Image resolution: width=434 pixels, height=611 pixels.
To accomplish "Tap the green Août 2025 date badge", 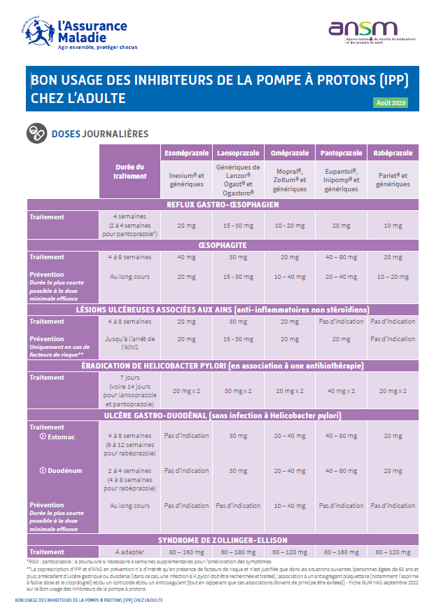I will (x=391, y=103).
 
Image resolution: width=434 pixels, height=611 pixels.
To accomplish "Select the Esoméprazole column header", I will (x=186, y=153).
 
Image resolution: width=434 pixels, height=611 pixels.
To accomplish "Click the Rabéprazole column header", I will (x=393, y=153).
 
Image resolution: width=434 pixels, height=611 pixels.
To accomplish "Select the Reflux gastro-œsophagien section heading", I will (x=223, y=205).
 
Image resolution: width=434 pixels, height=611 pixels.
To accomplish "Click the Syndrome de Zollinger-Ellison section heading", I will (x=223, y=540).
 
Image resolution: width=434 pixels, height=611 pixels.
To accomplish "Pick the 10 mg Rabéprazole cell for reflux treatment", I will (x=393, y=226).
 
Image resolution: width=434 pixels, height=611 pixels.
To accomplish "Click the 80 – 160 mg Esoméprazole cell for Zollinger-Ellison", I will (x=186, y=552).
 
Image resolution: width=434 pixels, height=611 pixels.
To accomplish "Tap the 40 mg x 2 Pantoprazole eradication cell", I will (x=341, y=390).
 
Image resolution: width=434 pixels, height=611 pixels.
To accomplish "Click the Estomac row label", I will (x=57, y=437).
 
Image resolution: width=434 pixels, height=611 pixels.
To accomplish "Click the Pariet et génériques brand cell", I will (x=393, y=179).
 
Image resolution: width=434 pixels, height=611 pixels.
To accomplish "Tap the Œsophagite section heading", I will (x=223, y=246).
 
